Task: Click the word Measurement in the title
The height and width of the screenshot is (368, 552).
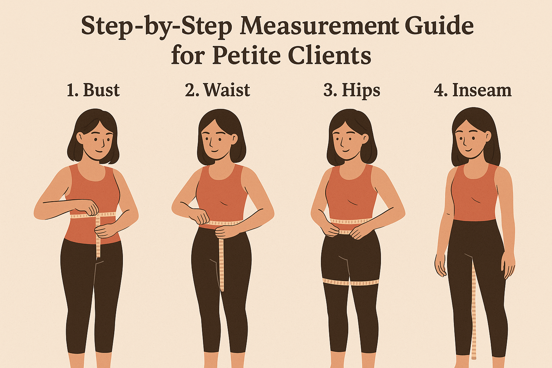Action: pyautogui.click(x=319, y=27)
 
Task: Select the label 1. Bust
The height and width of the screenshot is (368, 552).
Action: pyautogui.click(x=93, y=90)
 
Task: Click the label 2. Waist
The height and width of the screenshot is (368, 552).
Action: pyautogui.click(x=217, y=90)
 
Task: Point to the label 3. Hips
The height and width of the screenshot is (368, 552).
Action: pyautogui.click(x=351, y=90)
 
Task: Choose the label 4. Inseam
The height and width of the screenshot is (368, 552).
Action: pyautogui.click(x=473, y=90)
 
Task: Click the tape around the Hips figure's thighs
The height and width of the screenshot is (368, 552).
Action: pyautogui.click(x=350, y=282)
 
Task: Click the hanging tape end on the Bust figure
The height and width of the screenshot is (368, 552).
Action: pyautogui.click(x=98, y=244)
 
